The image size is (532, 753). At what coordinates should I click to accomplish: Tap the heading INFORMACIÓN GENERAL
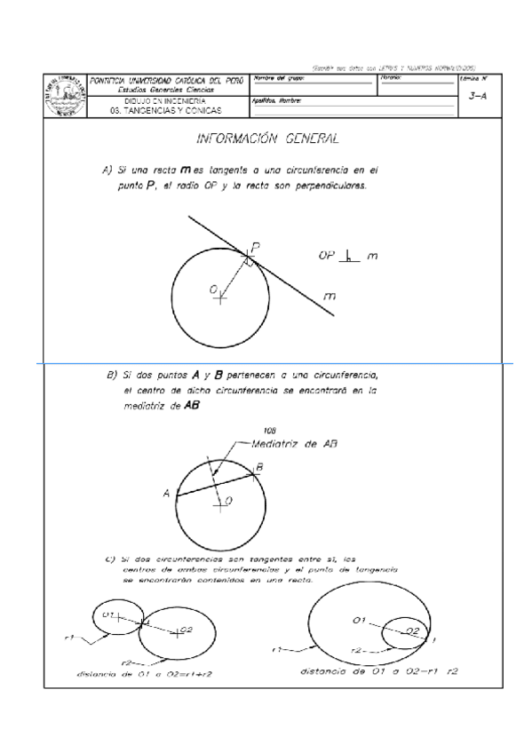click(266, 139)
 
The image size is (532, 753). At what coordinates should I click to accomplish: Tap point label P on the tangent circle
click(256, 245)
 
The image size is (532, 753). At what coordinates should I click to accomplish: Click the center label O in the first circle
click(214, 289)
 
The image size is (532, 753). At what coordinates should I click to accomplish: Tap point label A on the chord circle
click(167, 494)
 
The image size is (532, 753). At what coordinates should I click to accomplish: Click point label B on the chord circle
click(259, 465)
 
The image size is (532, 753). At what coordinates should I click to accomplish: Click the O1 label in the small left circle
click(109, 614)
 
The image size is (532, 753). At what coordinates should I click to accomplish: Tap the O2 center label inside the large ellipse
click(412, 629)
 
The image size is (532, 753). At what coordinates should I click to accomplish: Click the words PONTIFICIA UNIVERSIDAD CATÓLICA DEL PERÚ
click(168, 81)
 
